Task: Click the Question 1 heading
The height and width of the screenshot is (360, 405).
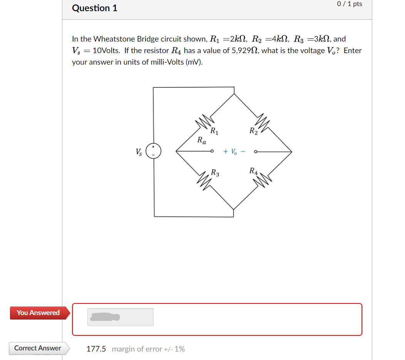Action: click(x=95, y=8)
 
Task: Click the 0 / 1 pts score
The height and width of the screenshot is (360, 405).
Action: click(x=349, y=4)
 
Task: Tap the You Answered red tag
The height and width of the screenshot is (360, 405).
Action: click(x=38, y=313)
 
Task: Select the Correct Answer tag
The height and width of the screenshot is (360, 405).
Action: click(x=38, y=348)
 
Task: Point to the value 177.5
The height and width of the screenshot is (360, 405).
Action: click(x=96, y=349)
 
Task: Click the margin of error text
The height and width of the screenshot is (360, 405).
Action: click(x=148, y=349)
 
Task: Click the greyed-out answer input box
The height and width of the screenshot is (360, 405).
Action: click(x=120, y=317)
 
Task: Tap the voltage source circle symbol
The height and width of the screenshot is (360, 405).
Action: click(x=153, y=151)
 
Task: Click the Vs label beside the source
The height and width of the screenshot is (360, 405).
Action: click(x=138, y=152)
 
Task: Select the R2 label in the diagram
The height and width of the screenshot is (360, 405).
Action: click(x=253, y=131)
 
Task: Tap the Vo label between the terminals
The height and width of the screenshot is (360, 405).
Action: click(x=233, y=152)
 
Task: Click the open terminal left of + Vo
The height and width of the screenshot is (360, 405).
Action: click(x=212, y=152)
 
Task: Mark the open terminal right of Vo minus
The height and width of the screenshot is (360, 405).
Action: click(x=255, y=152)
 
